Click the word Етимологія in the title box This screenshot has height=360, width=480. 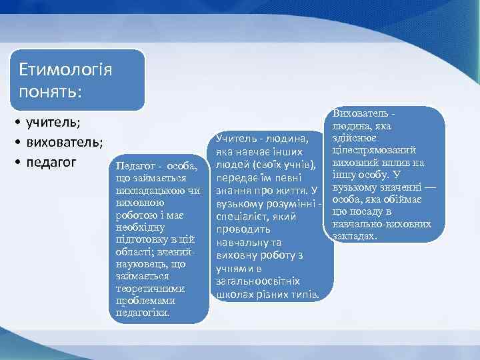[65, 69]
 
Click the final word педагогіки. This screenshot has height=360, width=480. [143, 312]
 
